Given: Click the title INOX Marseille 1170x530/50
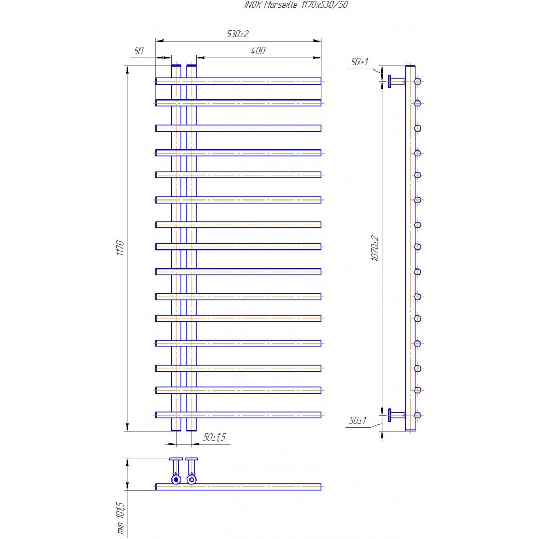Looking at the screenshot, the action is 296,5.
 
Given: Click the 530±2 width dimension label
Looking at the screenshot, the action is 237,34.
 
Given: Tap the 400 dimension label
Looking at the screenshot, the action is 258,51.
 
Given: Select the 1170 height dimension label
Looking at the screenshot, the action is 120,248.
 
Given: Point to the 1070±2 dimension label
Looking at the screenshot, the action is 375,248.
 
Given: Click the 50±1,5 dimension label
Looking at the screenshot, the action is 215,437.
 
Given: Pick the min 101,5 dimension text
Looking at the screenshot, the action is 120,518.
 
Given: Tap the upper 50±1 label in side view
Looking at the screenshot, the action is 359,62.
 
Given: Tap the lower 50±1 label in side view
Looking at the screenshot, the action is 358,421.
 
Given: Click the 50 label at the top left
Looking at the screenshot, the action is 138,51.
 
